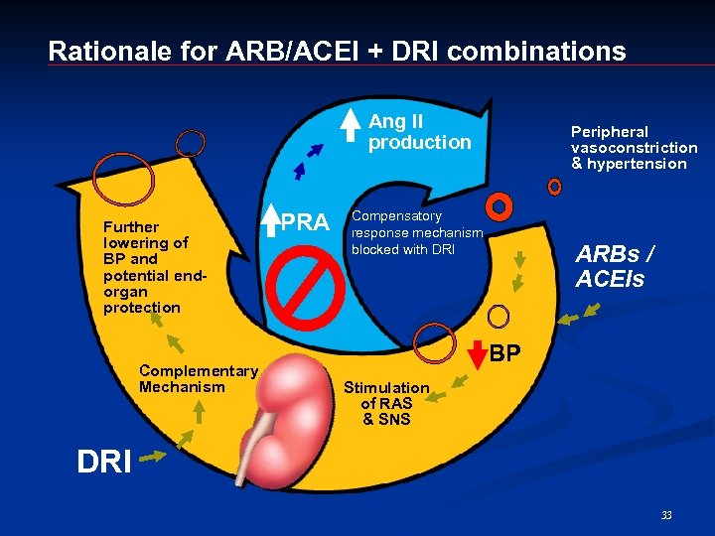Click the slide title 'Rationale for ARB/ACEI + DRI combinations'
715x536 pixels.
click(x=337, y=51)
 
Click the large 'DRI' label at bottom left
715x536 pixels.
click(x=103, y=461)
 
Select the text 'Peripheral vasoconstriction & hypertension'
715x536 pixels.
click(x=634, y=147)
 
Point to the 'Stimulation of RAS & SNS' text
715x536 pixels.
click(x=385, y=403)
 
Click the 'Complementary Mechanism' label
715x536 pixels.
click(x=199, y=378)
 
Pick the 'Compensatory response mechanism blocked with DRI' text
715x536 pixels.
click(x=416, y=232)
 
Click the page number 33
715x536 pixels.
click(x=666, y=514)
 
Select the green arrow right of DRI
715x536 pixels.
click(x=155, y=457)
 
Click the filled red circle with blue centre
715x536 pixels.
click(x=500, y=206)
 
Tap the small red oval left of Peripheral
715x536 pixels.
click(x=554, y=187)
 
